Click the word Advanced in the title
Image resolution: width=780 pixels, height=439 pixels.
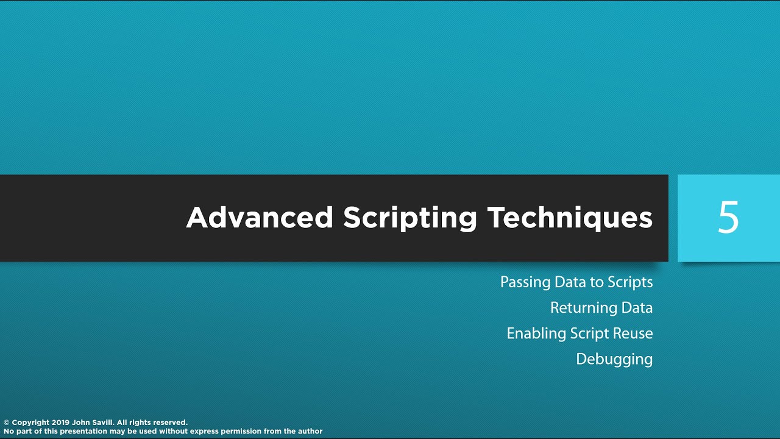(x=260, y=218)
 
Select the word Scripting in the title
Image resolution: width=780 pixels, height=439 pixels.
(x=409, y=218)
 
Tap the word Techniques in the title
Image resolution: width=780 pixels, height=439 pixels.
(x=570, y=218)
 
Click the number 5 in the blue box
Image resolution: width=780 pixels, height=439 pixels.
(x=728, y=218)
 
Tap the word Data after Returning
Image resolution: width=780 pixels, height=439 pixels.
(x=637, y=308)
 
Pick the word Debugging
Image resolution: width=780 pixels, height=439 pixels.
(x=614, y=359)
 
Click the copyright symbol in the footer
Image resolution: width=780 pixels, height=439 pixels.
(x=7, y=423)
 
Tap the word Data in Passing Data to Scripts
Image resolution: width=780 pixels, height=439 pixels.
(x=570, y=282)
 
